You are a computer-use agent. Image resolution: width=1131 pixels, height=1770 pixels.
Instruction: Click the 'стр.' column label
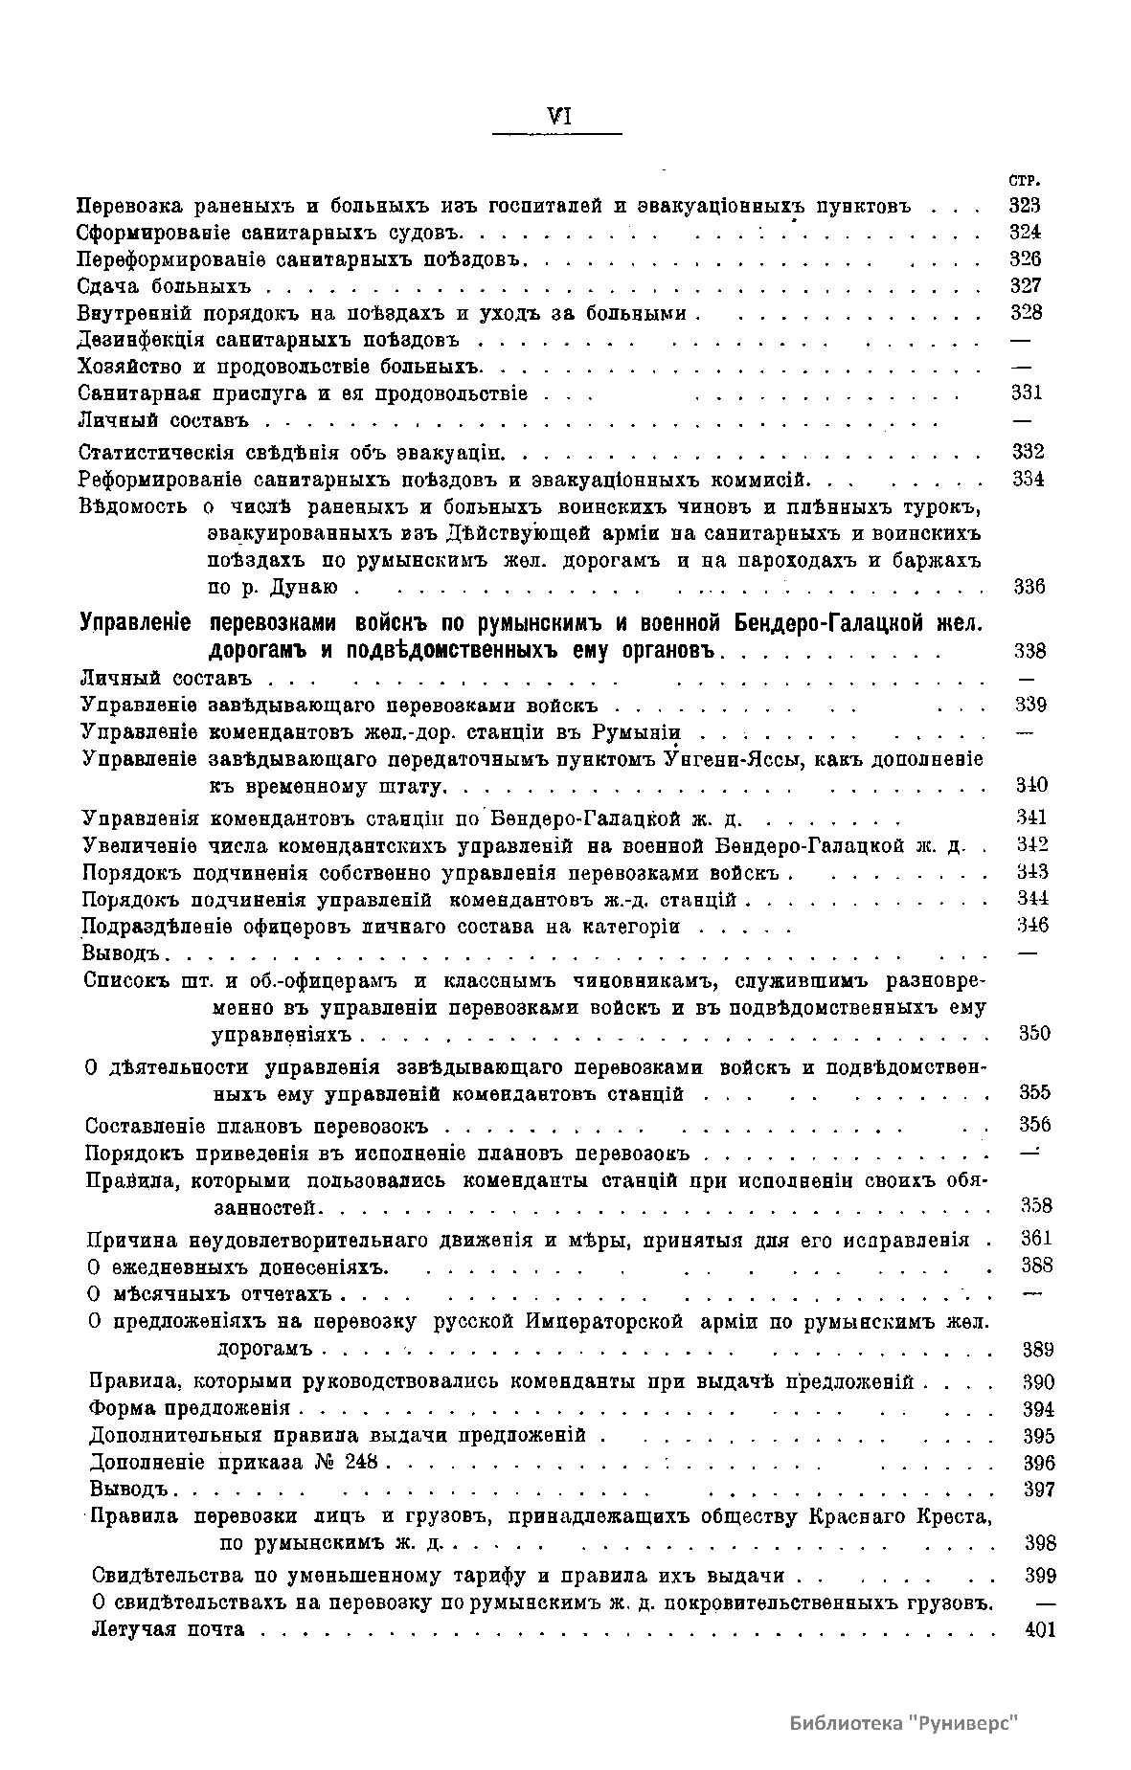click(x=1025, y=180)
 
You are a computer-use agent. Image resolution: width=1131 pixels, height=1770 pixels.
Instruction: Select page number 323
click(x=1025, y=205)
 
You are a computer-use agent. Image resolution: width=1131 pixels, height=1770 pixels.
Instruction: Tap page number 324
click(x=1025, y=232)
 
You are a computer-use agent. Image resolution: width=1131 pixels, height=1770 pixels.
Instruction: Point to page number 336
click(x=1029, y=587)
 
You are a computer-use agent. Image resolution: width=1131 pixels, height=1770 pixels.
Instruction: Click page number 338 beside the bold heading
click(x=1029, y=652)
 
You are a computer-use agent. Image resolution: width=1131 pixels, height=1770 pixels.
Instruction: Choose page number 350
click(x=1033, y=1034)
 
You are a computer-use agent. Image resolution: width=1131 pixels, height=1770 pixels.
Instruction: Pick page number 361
click(x=1036, y=1239)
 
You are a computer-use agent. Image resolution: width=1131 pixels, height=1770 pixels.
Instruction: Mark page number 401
click(x=1039, y=1630)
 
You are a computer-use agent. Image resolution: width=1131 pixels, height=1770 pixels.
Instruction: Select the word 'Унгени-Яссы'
click(x=728, y=759)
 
